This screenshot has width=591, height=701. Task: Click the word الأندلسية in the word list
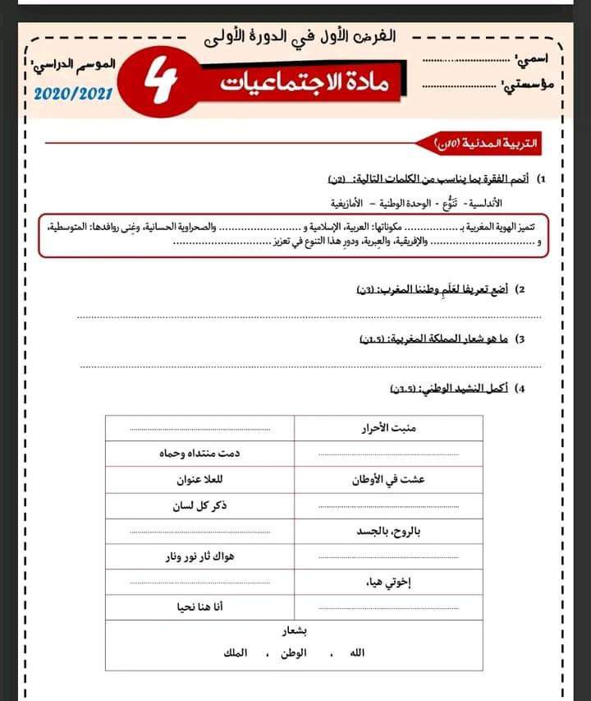(x=483, y=202)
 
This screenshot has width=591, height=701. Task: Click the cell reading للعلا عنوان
(x=200, y=480)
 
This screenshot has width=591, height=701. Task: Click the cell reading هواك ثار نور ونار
(x=199, y=556)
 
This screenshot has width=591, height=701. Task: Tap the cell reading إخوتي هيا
(x=386, y=583)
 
